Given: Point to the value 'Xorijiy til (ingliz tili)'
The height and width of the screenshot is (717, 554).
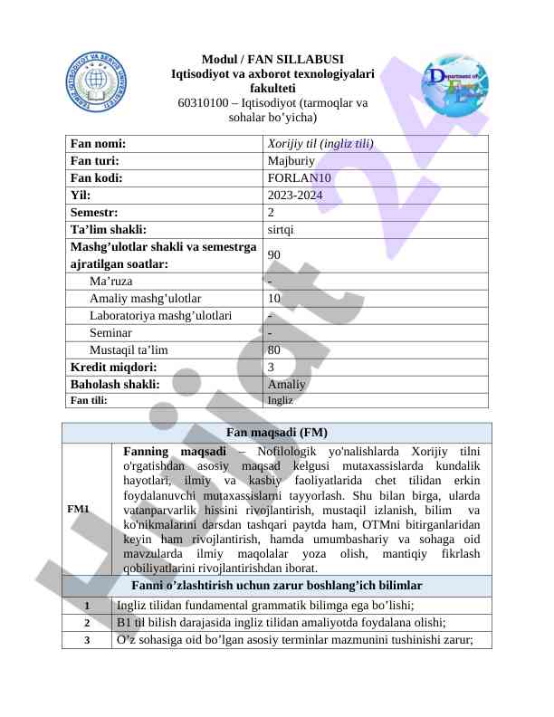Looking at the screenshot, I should (x=320, y=143).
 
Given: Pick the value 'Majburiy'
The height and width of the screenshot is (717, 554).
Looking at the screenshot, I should (x=291, y=160).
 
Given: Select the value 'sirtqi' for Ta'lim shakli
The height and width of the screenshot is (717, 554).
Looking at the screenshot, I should (x=281, y=229).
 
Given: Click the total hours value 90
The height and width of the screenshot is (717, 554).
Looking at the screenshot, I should (x=274, y=255).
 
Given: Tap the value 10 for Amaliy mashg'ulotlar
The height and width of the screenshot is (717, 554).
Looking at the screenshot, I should (x=274, y=298).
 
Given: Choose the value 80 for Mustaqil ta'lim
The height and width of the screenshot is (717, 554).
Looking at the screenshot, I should (x=274, y=349).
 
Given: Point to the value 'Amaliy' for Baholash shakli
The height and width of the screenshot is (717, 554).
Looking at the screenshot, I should (x=287, y=384).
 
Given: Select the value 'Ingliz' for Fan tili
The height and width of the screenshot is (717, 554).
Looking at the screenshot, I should (x=281, y=399).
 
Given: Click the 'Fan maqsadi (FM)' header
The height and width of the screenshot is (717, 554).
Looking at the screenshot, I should (x=277, y=433).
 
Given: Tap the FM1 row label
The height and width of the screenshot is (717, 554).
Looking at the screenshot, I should (x=78, y=510).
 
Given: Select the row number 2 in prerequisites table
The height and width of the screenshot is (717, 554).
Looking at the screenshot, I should (x=86, y=623).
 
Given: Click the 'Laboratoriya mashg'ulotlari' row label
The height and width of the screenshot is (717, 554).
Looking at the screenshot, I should (x=160, y=315).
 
